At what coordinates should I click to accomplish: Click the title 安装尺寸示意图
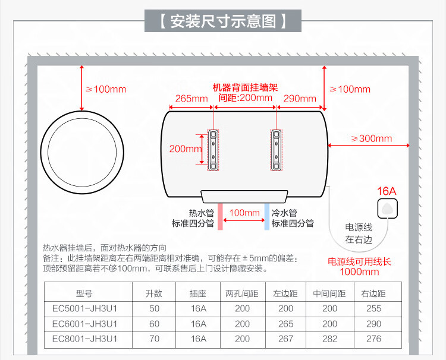(x=223, y=22)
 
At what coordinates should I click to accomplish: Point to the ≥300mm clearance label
(x=371, y=139)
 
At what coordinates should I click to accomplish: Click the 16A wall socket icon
(x=387, y=209)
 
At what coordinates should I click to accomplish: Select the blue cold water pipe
(x=266, y=216)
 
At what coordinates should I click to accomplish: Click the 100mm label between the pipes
(x=244, y=213)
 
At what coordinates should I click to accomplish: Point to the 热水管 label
(x=200, y=213)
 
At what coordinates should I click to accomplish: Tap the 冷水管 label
(x=284, y=213)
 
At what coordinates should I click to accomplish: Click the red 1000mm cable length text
(x=359, y=272)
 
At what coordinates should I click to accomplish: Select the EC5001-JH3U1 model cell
(x=84, y=308)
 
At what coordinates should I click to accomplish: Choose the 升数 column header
(x=154, y=293)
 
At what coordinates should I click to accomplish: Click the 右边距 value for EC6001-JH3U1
(x=374, y=324)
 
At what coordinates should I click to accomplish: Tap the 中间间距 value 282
(x=329, y=339)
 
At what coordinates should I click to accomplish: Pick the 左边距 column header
(x=285, y=293)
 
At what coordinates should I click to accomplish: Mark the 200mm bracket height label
(x=186, y=149)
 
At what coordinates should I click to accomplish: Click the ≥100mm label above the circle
(x=106, y=89)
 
